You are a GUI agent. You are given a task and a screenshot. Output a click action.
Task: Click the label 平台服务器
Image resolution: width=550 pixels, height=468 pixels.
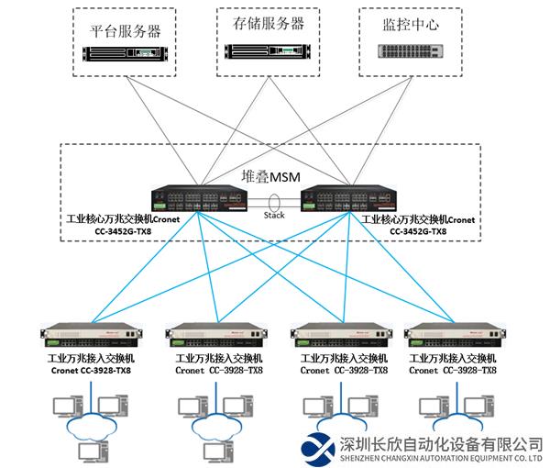click(127, 30)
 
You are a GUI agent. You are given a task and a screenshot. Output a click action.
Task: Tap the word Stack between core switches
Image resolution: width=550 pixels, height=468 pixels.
click(275, 217)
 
